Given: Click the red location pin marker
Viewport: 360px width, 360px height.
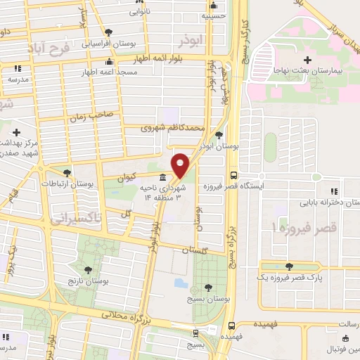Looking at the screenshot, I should click(x=181, y=165).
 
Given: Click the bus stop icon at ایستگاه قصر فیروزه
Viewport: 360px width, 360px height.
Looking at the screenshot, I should click(x=233, y=176).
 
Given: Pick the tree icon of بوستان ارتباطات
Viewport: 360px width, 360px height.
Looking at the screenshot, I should click(x=67, y=172).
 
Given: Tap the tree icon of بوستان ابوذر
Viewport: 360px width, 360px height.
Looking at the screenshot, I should click(x=219, y=134).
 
